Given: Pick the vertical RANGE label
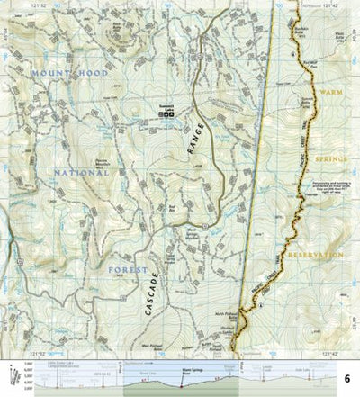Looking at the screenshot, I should [x=196, y=140].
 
